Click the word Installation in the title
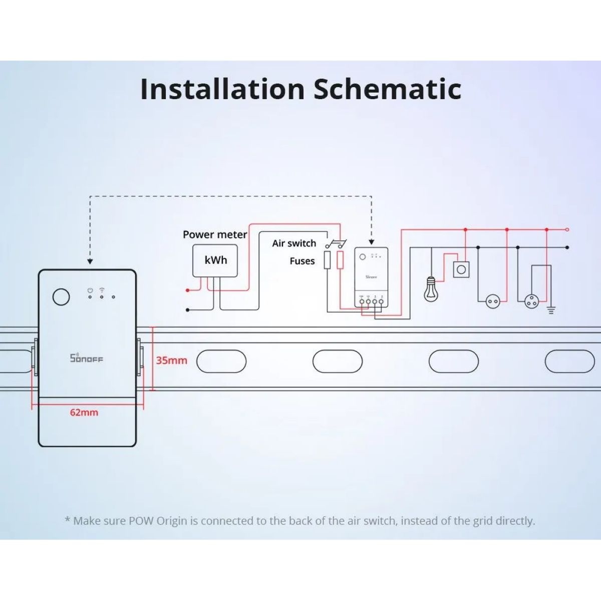click(x=222, y=89)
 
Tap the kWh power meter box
click(x=215, y=260)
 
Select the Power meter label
click(x=215, y=234)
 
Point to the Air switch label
click(x=294, y=243)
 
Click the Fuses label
click(x=302, y=261)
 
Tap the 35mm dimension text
click(x=171, y=360)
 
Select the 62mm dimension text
click(x=84, y=412)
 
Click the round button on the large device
click(x=61, y=296)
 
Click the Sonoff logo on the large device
click(x=86, y=358)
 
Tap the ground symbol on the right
click(x=551, y=310)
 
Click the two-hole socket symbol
click(x=493, y=301)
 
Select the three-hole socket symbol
click(x=531, y=301)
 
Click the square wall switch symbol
click(x=461, y=270)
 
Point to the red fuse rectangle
click(x=340, y=260)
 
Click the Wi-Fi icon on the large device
click(x=102, y=290)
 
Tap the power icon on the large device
click(x=90, y=290)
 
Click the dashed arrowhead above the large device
click(x=90, y=261)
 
